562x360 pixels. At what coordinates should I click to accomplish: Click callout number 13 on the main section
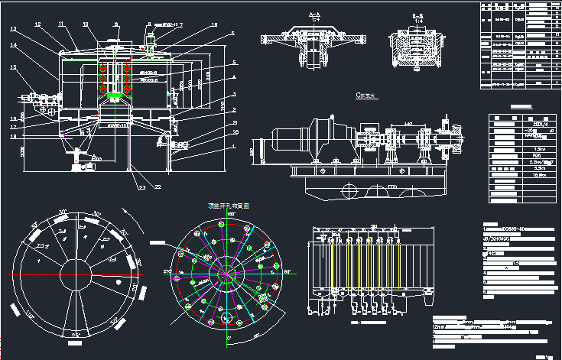click(x=13, y=29)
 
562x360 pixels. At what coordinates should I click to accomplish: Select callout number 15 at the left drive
click(x=13, y=66)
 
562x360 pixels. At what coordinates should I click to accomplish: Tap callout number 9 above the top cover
click(x=115, y=25)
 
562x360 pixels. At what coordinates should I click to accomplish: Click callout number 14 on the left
click(x=13, y=45)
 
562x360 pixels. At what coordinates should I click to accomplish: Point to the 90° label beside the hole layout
click(x=289, y=271)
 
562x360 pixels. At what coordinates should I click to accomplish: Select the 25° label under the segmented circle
click(x=75, y=335)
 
